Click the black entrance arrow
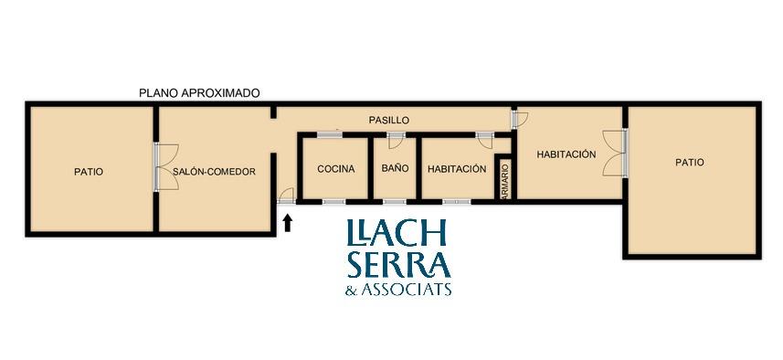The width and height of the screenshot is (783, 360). click(287, 223)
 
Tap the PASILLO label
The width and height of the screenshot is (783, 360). click(389, 121)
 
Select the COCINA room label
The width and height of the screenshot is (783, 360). click(336, 169)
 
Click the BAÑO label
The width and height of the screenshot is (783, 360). click(395, 168)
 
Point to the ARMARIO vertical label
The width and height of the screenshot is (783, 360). click(504, 181)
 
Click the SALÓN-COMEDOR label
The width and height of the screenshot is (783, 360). click(214, 171)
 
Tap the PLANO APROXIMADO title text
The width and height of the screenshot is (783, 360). click(199, 93)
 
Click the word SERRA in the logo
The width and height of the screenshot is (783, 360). click(399, 264)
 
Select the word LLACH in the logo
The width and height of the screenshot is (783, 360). click(396, 232)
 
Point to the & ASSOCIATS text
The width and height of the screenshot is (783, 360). click(398, 290)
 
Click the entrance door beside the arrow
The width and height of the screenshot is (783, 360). click(287, 196)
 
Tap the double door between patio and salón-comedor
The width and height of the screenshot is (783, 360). click(165, 167)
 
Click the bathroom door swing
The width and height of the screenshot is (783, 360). click(396, 141)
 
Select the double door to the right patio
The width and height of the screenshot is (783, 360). click(615, 153)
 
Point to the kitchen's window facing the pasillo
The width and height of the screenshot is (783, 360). click(330, 134)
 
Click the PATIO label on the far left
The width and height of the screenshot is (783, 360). click(89, 172)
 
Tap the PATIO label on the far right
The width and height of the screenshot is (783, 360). click(690, 163)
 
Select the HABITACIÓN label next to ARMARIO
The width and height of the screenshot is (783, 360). click(457, 169)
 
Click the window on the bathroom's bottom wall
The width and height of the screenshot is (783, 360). click(395, 202)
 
